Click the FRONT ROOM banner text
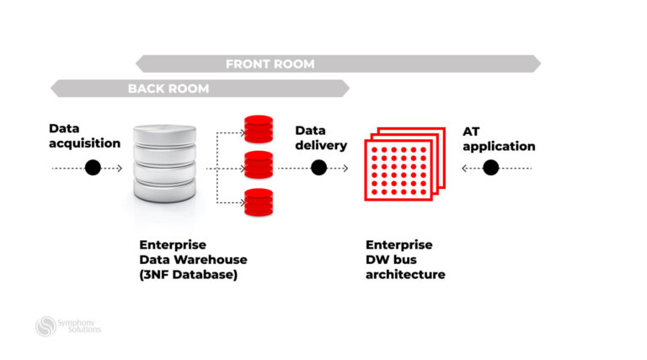(270, 64)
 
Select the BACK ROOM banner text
(168, 89)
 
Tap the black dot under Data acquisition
(93, 168)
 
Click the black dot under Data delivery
(318, 168)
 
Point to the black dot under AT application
(491, 168)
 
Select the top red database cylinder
(259, 128)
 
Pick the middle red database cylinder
(259, 164)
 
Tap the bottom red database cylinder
(259, 202)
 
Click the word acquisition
(84, 143)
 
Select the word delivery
(321, 145)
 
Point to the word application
(499, 146)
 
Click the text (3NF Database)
(189, 275)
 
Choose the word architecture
(405, 275)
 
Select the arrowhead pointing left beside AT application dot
(465, 168)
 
